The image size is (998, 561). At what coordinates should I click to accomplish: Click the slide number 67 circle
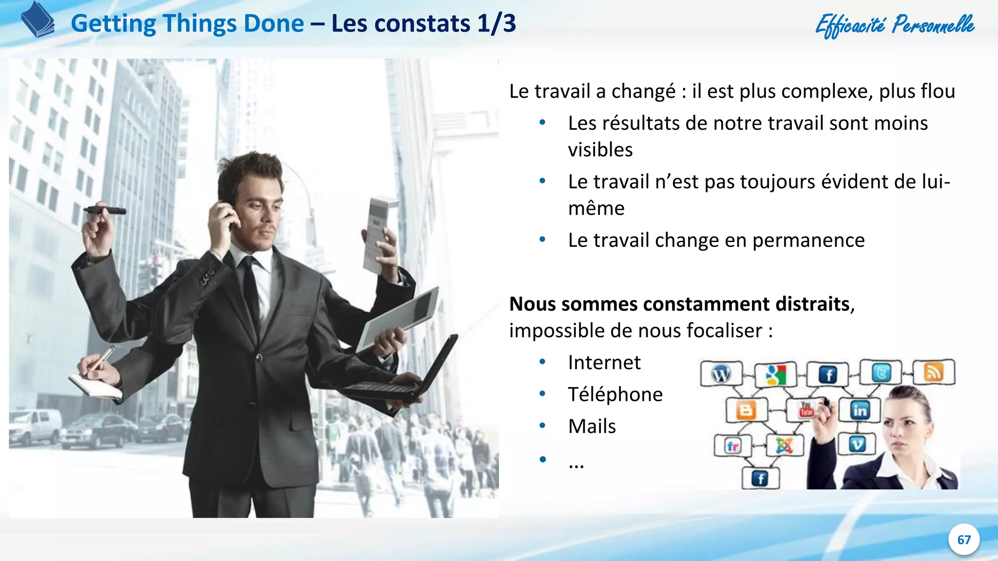pos(963,540)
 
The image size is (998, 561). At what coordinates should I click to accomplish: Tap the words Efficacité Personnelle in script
pos(895,24)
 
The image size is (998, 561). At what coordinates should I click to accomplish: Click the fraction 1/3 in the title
pos(497,23)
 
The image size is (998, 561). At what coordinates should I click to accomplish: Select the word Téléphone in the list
pos(615,394)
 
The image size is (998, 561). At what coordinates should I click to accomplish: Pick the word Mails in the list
pos(592,427)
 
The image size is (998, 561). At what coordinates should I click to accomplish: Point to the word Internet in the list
pos(604,363)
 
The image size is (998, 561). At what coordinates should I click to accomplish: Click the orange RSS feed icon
pos(933,373)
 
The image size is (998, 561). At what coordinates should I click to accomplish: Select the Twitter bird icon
pos(881,373)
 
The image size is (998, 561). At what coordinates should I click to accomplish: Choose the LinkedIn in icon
pos(860,411)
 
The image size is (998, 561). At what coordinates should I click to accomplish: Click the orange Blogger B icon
pos(746,410)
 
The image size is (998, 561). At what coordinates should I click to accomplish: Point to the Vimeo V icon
pos(857,444)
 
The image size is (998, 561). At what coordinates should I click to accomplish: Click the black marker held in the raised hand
pos(105,210)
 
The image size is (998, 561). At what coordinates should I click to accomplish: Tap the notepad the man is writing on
pos(95,387)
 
